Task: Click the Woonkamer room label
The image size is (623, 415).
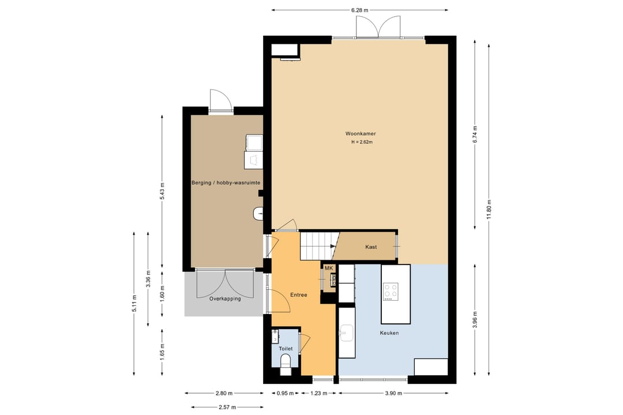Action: (361, 134)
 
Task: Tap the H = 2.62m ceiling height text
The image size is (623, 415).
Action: (362, 142)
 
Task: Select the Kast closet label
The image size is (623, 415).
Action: (371, 247)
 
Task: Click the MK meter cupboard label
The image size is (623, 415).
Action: (329, 268)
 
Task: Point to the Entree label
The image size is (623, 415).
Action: (298, 295)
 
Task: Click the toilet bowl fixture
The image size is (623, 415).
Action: (286, 363)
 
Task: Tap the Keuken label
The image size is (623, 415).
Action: (389, 333)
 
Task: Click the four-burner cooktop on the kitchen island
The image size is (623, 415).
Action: (391, 291)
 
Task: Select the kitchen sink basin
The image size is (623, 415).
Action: (347, 332)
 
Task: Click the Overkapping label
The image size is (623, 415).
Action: (225, 299)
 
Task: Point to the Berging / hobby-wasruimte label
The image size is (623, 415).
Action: (226, 183)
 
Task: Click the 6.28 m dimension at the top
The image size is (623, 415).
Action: (359, 10)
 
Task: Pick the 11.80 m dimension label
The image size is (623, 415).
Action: (489, 209)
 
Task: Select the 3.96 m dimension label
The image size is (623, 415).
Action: (475, 319)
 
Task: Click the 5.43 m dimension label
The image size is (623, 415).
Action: (162, 191)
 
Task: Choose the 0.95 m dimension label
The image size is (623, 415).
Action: (285, 394)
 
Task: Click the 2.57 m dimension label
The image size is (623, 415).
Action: (227, 407)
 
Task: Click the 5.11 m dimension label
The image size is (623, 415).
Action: (134, 303)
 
